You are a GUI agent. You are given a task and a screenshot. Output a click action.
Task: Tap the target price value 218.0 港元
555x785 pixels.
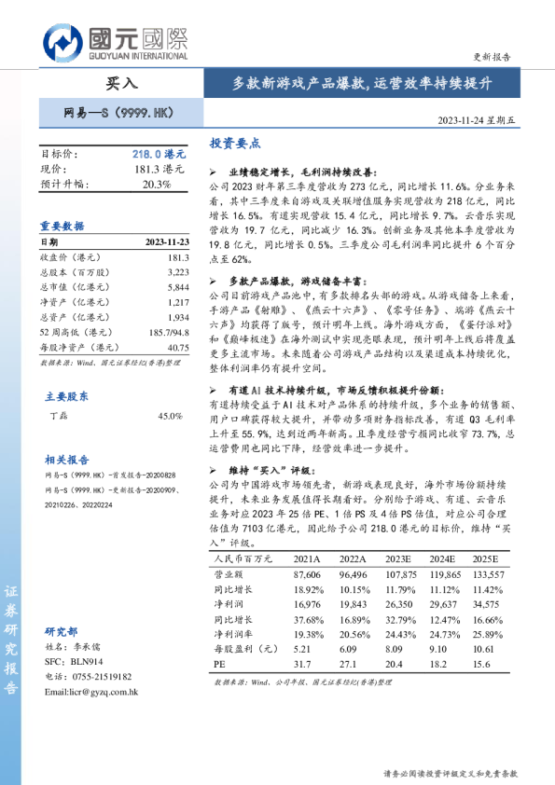coord(159,153)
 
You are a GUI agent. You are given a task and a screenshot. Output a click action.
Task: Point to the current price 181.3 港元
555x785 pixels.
coord(160,169)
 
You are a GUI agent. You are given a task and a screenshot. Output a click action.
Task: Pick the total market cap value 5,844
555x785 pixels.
coord(177,287)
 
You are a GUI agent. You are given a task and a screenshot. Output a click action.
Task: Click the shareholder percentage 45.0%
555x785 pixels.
coord(170,415)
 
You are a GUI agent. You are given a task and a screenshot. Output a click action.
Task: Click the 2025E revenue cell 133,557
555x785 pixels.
coord(488,575)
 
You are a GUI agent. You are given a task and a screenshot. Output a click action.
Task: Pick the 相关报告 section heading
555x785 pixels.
coord(67,460)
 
